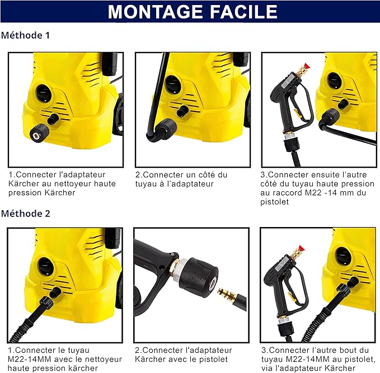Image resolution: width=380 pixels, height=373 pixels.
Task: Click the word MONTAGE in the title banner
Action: point(154,12)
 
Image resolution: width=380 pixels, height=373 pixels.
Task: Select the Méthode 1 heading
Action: point(26,35)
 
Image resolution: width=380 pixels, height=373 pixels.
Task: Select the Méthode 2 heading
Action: point(26,214)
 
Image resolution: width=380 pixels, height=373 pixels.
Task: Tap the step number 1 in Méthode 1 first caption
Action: point(10,175)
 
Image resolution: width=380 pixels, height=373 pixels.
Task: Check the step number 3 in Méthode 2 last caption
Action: point(264,351)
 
